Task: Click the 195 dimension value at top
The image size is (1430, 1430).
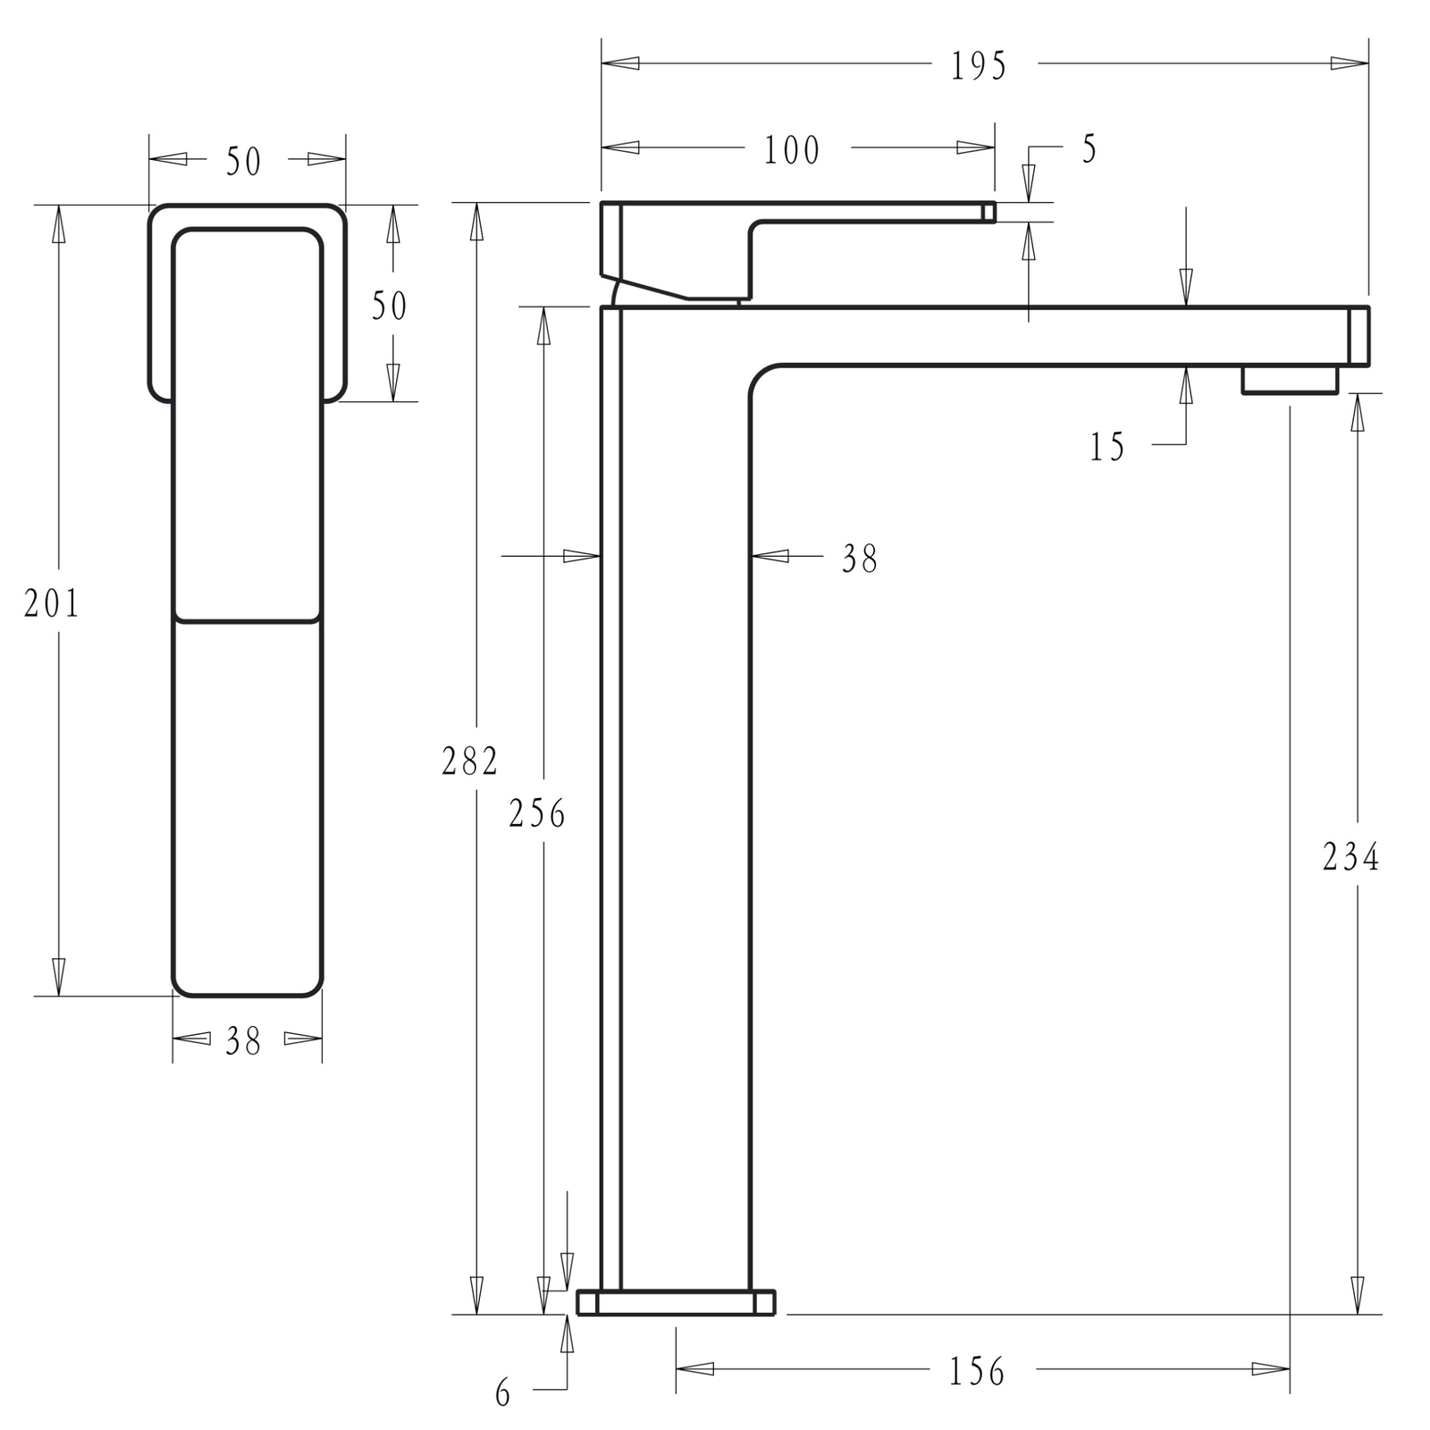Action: click(x=979, y=66)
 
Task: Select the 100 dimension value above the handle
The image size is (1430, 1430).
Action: click(x=791, y=150)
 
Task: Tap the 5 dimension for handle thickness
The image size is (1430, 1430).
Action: click(x=1089, y=149)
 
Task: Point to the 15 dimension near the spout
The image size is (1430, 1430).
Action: click(x=1106, y=447)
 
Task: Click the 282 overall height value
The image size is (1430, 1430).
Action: click(x=469, y=761)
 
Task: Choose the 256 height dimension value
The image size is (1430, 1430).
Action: click(x=537, y=813)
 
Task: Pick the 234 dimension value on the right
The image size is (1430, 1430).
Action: click(x=1350, y=858)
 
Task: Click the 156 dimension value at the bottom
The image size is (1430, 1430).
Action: click(x=977, y=1371)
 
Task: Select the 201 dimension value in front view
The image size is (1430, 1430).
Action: click(x=52, y=604)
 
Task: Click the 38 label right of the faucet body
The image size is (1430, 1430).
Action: click(x=860, y=559)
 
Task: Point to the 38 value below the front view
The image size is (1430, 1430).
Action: click(x=243, y=1041)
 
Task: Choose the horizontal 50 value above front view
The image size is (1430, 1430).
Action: click(x=243, y=162)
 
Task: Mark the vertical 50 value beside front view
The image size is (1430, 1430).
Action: click(x=389, y=307)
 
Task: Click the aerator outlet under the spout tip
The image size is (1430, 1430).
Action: click(x=1289, y=380)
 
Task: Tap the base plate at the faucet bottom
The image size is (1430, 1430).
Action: click(x=676, y=1302)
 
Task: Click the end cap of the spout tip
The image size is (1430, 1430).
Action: click(x=1358, y=336)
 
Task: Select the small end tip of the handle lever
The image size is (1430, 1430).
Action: click(x=988, y=212)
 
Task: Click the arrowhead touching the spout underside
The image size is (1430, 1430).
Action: click(x=1186, y=384)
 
